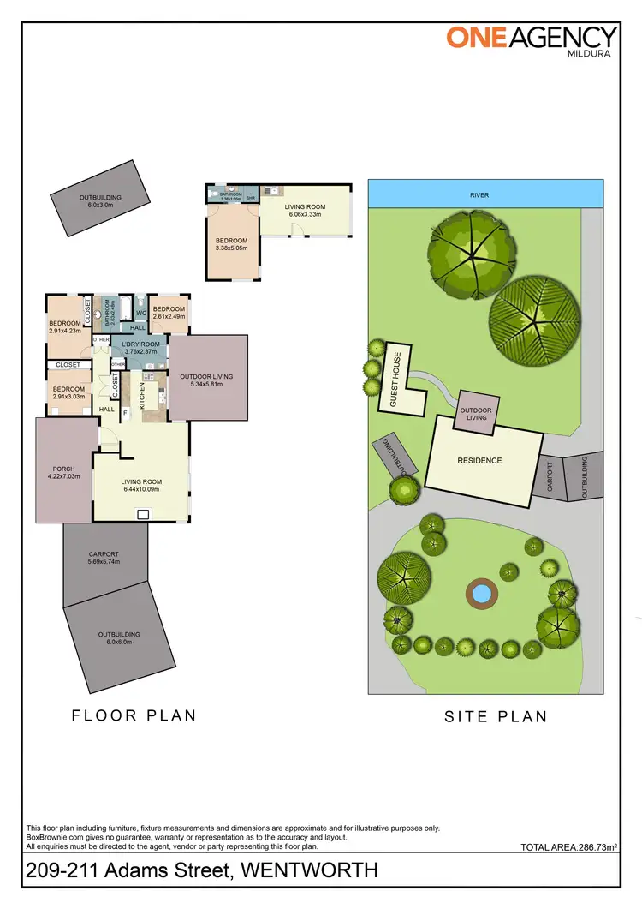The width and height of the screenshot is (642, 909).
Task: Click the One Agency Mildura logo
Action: (531, 41)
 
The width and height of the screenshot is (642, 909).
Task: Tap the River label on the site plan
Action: (480, 195)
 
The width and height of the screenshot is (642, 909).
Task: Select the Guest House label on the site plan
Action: (396, 379)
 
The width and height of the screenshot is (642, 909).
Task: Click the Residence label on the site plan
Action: (479, 460)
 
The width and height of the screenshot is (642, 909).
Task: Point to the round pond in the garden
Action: (480, 592)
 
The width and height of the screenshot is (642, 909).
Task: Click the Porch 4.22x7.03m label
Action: (64, 472)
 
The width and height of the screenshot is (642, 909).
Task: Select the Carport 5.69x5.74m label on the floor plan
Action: (104, 558)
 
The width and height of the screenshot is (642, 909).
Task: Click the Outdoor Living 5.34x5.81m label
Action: (205, 380)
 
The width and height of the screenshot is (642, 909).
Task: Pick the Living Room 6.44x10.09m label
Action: (142, 485)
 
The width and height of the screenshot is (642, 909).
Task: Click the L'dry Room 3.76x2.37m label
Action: (140, 347)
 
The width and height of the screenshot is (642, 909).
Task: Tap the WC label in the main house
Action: (141, 312)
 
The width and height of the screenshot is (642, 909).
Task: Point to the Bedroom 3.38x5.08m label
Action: (232, 244)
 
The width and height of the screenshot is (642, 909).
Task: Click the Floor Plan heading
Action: (134, 715)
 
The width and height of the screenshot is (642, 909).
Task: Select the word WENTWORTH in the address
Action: (310, 871)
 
